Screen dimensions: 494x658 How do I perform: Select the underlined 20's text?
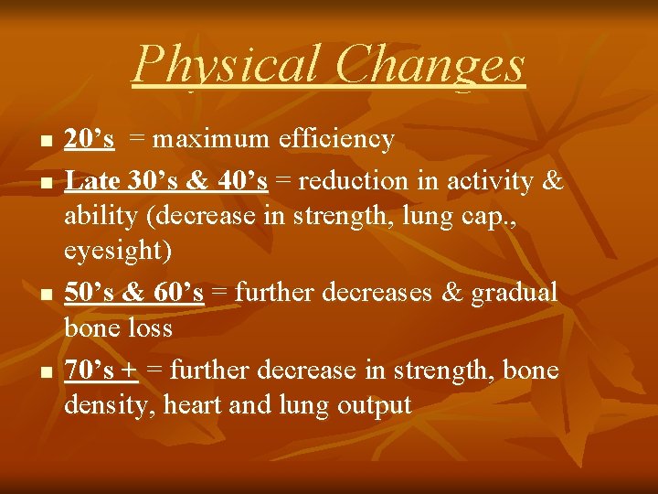tap(89, 139)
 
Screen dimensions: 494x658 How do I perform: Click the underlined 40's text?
tap(243, 180)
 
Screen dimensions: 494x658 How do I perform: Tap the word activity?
tap(493, 180)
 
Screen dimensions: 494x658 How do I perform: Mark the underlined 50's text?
tap(89, 292)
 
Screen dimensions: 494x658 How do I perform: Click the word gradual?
tap(515, 292)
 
